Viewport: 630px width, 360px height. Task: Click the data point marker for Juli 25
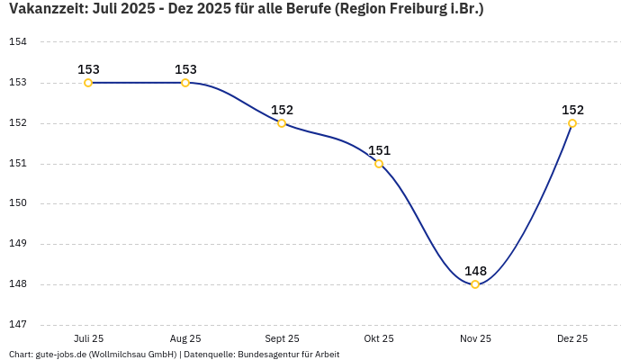coord(88,83)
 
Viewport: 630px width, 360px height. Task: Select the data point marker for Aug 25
coord(185,83)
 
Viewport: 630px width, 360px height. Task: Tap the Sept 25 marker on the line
coord(282,123)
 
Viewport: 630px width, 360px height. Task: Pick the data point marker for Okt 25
coord(379,164)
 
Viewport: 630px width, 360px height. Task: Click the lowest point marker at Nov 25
coord(475,284)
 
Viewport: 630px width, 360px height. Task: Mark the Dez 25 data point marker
coord(572,123)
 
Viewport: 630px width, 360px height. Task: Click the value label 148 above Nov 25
coord(475,271)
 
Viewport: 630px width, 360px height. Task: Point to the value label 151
coord(379,150)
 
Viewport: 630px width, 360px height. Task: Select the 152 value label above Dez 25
coord(572,110)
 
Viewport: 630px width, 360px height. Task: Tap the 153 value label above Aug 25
coord(185,69)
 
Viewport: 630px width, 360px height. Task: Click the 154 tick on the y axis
coord(18,42)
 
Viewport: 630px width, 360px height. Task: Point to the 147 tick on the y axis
coord(18,324)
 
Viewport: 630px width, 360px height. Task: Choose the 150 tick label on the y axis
coord(18,203)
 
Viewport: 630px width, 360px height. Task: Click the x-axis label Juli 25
coord(88,338)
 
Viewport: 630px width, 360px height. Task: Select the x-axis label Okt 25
coord(379,338)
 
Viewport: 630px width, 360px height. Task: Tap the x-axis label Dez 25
coord(572,338)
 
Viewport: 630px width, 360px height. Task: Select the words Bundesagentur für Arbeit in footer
coord(288,355)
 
